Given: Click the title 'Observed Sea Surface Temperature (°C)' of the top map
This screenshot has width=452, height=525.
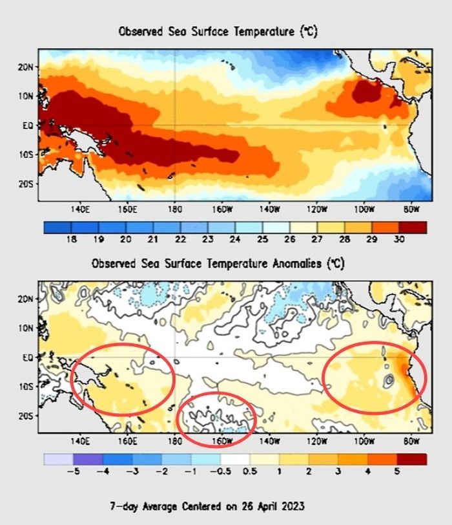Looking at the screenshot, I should pyautogui.click(x=218, y=31).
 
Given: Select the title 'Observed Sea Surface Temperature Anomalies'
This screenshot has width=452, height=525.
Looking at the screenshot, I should pyautogui.click(x=218, y=263).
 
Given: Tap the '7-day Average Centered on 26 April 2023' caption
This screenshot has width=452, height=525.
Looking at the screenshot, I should pyautogui.click(x=218, y=505).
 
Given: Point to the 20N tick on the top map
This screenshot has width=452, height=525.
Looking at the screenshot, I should pyautogui.click(x=25, y=67).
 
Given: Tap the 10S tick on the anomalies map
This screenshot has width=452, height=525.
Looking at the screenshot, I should pyautogui.click(x=25, y=387).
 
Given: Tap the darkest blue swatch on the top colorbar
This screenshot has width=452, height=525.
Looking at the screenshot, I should pyautogui.click(x=57, y=226).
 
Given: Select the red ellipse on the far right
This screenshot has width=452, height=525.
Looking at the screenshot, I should pyautogui.click(x=375, y=377).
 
